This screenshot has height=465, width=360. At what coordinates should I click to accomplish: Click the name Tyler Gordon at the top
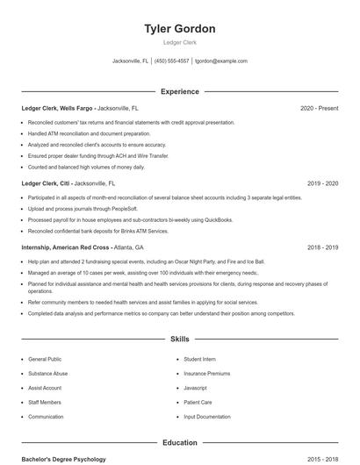[x=179, y=29]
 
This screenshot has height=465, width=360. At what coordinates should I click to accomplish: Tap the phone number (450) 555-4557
[x=172, y=61]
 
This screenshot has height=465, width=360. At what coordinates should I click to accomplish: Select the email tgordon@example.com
[x=221, y=61]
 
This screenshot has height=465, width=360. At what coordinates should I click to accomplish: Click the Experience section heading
[x=179, y=91]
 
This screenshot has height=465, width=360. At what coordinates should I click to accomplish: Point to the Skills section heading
[x=179, y=339]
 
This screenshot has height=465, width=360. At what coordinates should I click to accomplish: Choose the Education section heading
[x=179, y=442]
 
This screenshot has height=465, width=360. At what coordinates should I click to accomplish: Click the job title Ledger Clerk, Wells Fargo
[x=58, y=108]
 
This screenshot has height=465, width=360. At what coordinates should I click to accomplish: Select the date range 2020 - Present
[x=319, y=108]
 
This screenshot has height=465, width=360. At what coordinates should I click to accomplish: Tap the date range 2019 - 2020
[x=322, y=183]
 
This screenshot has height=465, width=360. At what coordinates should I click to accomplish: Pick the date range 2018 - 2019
[x=322, y=247]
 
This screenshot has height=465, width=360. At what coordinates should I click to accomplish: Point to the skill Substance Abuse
[x=47, y=373]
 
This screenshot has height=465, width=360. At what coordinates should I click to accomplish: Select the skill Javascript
[x=195, y=388]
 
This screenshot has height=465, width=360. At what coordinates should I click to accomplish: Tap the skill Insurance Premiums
[x=206, y=373]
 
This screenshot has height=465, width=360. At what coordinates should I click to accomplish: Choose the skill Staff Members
[x=45, y=402]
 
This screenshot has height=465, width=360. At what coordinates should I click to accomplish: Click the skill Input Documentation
[x=207, y=417]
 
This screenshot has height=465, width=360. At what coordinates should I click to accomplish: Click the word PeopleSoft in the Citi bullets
[x=123, y=209]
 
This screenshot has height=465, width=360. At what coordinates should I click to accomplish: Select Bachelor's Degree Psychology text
[x=63, y=459]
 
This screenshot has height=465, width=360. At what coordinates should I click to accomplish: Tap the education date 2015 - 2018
[x=322, y=459]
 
